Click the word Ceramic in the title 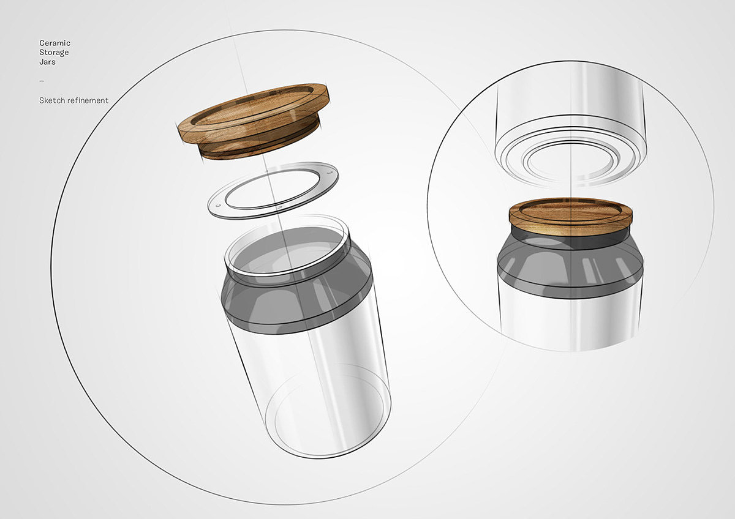point(55,43)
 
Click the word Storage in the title point(54,53)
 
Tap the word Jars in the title point(47,62)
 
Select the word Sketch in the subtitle point(52,100)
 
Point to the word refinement point(88,100)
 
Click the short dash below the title point(42,81)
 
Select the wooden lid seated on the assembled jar point(571,217)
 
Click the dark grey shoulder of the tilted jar point(297,302)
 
